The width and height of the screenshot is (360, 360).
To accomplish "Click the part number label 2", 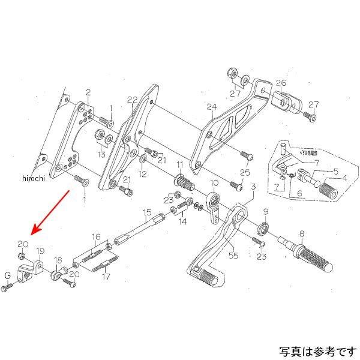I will [x=88, y=92].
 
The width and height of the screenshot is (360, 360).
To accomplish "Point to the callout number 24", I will [x=211, y=107].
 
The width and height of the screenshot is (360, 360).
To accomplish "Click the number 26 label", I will [x=281, y=83].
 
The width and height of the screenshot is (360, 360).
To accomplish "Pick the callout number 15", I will [x=146, y=212].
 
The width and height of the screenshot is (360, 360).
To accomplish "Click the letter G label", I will [x=8, y=276].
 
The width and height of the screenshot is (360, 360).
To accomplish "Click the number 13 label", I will [x=101, y=155].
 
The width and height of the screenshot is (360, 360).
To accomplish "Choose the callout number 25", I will [x=244, y=172].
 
